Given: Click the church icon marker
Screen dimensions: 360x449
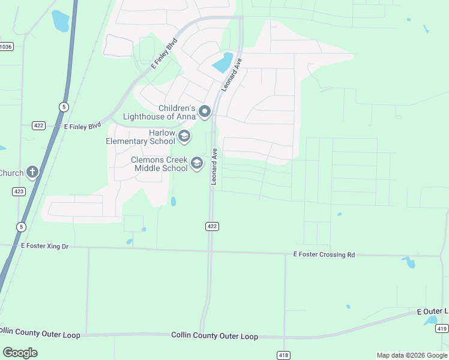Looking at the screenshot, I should click(32, 173).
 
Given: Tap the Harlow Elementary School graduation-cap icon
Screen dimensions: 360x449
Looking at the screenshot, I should click(184, 137).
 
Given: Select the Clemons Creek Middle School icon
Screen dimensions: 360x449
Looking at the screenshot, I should click(196, 163).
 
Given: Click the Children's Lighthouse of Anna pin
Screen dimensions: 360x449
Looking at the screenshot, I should click(205, 112).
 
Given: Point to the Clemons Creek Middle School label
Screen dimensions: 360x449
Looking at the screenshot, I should click(160, 164).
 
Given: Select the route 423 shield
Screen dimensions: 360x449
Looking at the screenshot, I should click(19, 191).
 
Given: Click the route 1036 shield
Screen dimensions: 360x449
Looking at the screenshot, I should click(6, 46).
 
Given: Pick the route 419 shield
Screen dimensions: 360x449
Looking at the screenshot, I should click(442, 328).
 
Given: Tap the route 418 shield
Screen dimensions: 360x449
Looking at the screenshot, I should click(283, 355).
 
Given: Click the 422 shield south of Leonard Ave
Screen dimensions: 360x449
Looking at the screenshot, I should click(211, 226).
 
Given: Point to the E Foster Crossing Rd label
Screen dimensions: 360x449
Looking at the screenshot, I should click(324, 255).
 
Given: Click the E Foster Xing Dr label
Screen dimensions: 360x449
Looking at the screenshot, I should click(45, 246).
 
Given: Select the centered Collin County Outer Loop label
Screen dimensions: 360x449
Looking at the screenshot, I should click(214, 337).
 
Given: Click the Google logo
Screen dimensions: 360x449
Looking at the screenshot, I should click(20, 353).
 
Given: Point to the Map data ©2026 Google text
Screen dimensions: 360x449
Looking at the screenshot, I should click(412, 355).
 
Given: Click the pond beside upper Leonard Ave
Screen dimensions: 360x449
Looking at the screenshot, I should click(222, 62).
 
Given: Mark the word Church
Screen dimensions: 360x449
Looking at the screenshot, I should click(11, 173).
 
